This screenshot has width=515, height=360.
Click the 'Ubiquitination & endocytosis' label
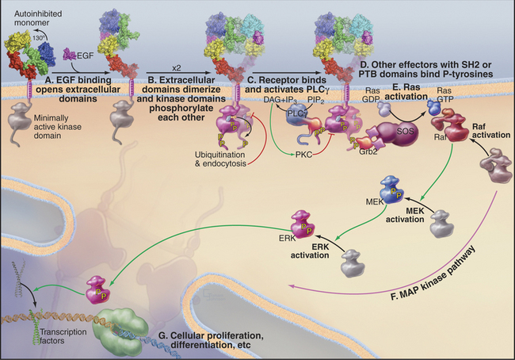213,157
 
